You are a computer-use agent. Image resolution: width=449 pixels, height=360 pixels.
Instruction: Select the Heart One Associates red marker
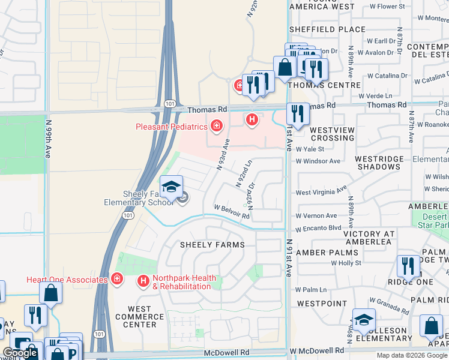coord(116,280)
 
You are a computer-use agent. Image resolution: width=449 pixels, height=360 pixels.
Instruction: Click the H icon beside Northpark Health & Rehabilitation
coord(143,280)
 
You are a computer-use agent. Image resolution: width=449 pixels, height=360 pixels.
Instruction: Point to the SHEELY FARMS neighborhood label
coord(213,245)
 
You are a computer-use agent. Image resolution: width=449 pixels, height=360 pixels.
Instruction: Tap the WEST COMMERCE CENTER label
coord(143,317)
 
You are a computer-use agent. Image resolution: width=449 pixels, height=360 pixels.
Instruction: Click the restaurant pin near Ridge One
coord(408,266)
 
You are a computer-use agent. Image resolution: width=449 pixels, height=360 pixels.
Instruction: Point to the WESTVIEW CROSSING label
coord(332,134)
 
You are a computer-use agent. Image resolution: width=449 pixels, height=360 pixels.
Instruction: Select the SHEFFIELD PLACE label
coord(327,29)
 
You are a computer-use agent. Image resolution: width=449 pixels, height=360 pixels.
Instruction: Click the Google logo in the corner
coord(20,353)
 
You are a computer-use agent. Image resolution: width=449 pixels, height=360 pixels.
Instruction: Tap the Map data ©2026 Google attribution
coord(412,355)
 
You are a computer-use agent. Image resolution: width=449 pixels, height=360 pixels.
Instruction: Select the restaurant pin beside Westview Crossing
coord(298,113)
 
